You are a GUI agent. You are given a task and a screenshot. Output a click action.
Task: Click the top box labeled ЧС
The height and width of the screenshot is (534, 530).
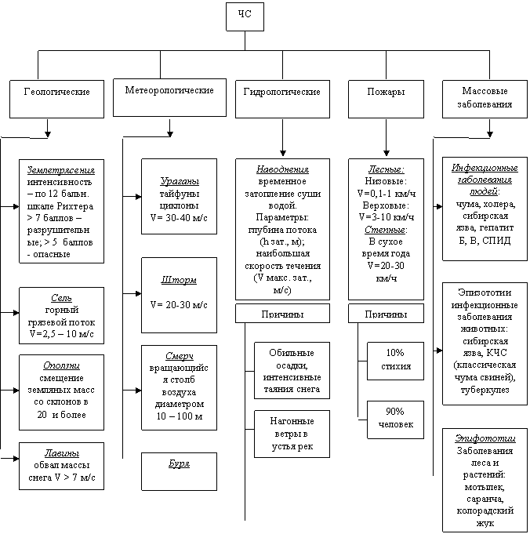click(245, 16)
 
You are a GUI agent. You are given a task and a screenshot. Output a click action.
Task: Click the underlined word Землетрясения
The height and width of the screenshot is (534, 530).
click(60, 169)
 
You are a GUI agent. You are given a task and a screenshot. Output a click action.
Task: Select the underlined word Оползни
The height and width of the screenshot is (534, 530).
click(60, 365)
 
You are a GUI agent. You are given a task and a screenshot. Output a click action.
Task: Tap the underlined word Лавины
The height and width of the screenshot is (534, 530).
click(60, 455)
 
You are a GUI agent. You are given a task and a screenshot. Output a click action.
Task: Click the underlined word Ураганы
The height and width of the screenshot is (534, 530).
click(179, 180)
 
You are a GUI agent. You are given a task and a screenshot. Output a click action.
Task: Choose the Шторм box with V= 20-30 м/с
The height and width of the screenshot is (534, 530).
click(179, 292)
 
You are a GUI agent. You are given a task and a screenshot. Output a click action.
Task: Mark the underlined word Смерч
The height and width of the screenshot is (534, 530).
click(179, 355)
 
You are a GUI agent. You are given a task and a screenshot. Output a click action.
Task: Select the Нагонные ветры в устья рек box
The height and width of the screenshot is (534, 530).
click(292, 434)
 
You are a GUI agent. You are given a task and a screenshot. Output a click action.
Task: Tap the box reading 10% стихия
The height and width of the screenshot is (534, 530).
click(395, 358)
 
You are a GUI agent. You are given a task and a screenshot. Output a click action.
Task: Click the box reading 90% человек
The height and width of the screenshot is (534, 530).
click(395, 419)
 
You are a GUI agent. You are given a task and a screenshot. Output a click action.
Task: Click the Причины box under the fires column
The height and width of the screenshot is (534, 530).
click(386, 314)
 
